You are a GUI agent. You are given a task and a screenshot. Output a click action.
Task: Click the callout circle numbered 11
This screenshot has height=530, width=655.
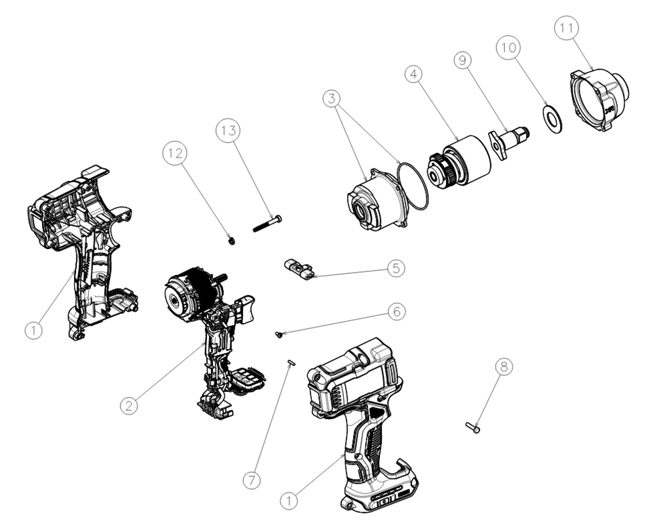coord(567,29)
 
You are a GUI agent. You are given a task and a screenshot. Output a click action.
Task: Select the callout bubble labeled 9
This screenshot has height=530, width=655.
coord(464,61)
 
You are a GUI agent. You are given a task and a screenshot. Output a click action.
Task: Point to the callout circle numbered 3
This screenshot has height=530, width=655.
coord(334,100)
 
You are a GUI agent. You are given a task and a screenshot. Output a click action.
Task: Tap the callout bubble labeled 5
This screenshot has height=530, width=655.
coord(396,268)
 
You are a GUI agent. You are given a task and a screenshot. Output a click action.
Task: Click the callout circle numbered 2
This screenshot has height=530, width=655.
coord(131,406)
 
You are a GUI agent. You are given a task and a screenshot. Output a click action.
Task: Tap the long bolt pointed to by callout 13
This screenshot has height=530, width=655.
coord(267,223)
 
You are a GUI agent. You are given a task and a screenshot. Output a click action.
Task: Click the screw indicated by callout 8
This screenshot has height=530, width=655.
coord(473,428)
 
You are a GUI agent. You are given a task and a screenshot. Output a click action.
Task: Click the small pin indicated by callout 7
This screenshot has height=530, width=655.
coord(291,361)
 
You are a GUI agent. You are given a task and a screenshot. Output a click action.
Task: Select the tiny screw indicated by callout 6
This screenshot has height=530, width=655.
coord(280,335)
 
